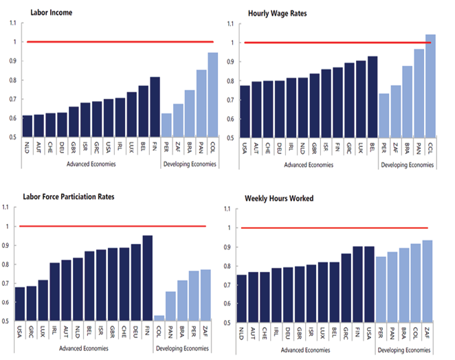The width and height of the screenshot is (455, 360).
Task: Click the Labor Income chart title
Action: click(x=47, y=12)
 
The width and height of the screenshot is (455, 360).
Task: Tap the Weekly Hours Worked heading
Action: click(x=280, y=199)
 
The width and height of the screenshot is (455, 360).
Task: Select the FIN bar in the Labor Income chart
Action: click(x=155, y=106)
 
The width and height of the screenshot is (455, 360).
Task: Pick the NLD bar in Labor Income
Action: click(x=27, y=126)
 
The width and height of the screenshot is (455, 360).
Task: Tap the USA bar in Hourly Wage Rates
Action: click(x=245, y=111)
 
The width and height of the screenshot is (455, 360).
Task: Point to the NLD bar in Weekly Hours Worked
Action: click(x=241, y=297)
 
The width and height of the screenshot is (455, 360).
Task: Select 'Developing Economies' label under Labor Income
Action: click(x=188, y=164)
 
